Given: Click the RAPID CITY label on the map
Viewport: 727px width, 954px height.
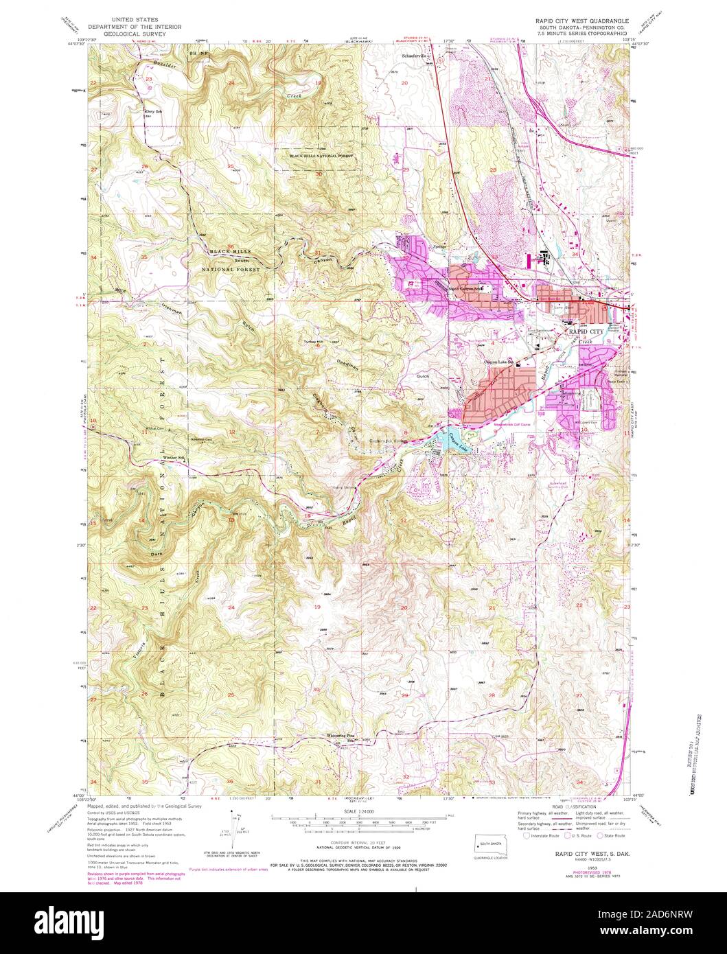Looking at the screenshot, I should [x=584, y=331].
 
